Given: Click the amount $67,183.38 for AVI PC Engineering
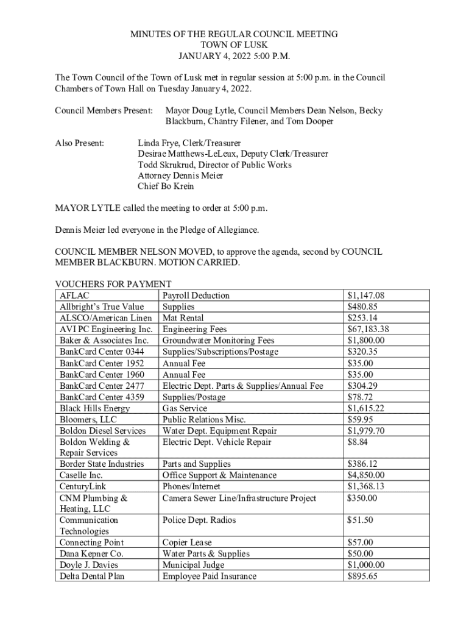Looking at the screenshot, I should pos(368,329).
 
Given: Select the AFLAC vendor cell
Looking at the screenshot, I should pos(72,296).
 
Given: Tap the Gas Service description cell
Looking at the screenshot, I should pos(185,408).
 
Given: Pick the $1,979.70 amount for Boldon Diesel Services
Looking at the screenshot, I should pos(365,431).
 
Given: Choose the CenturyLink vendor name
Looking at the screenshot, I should pos(82,486).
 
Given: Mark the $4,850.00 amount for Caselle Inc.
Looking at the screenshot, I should pos(365,475).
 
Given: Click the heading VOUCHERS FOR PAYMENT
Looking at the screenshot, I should pos(113,284).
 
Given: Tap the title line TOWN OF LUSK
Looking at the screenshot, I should pos(234,46).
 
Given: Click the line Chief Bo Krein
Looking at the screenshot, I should pos(166,186).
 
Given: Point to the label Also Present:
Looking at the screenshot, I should pos(79,143).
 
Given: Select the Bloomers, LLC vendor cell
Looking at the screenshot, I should pos(88,419).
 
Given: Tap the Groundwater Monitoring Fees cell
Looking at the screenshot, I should pos(218,340).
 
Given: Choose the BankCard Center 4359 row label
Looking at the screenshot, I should pos(102,397).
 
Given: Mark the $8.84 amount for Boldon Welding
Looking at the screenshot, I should pos(357,442).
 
